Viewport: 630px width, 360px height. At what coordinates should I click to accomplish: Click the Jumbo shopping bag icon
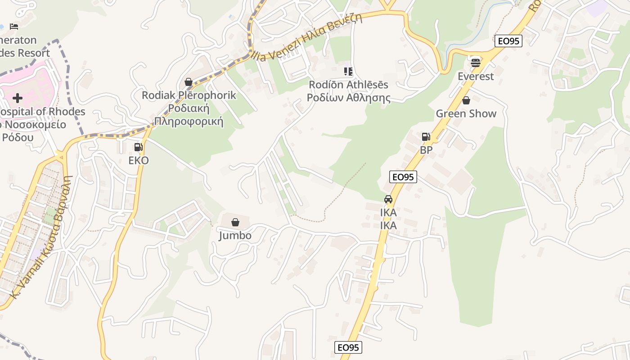(235, 222)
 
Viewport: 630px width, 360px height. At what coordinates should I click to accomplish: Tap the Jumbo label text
(235, 235)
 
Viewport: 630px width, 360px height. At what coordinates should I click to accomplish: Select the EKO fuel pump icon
(139, 147)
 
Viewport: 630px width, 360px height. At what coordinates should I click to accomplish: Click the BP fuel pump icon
(426, 137)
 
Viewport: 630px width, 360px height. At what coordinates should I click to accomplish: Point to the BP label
(426, 150)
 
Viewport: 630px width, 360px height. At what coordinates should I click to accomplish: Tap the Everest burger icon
(476, 63)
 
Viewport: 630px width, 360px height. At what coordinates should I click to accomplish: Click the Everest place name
(476, 76)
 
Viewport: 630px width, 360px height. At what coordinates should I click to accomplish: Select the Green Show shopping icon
(466, 100)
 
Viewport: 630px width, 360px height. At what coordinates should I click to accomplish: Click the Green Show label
(466, 113)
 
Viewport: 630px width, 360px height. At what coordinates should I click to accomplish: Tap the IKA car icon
(388, 199)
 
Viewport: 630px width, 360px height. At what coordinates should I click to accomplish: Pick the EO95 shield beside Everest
(508, 41)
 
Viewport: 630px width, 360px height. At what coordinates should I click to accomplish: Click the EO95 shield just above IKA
(403, 177)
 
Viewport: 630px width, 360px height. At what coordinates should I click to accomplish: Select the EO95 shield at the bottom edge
(348, 347)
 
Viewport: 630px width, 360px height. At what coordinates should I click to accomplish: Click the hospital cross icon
(18, 98)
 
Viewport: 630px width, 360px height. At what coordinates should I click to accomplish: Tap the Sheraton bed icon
(14, 27)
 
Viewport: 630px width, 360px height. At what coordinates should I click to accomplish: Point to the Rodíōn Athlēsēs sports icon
(348, 72)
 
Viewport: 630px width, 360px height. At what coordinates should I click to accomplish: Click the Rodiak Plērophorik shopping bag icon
(189, 82)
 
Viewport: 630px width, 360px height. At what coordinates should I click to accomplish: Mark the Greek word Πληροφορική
(189, 121)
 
